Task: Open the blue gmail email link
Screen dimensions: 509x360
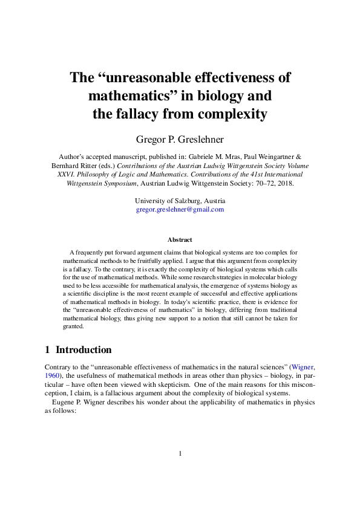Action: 180,209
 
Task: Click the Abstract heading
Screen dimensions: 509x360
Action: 180,240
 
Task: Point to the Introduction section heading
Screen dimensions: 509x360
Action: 83,349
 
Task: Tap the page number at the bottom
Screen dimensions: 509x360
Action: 180,453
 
